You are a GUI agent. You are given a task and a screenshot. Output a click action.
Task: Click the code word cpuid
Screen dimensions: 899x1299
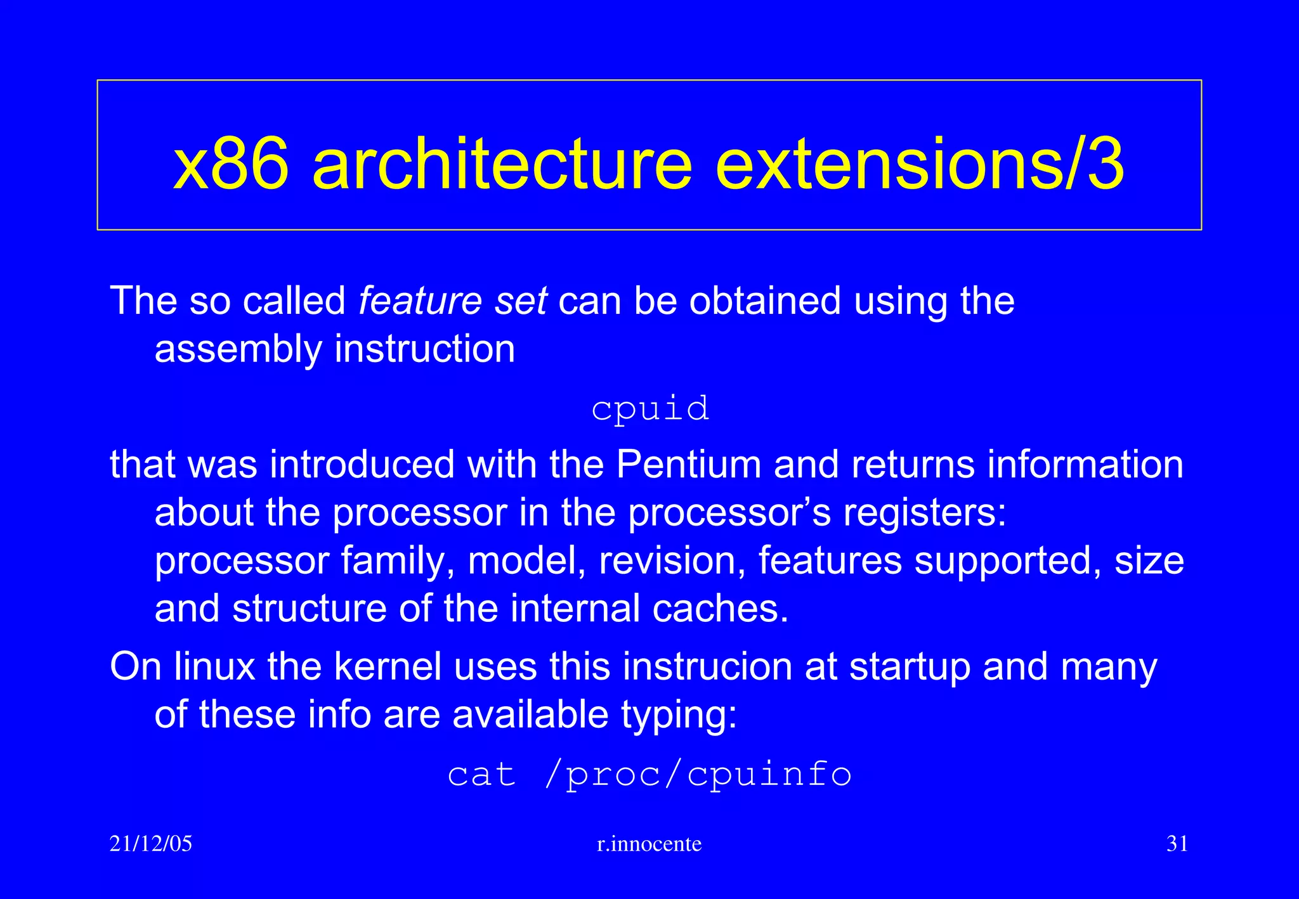(x=649, y=409)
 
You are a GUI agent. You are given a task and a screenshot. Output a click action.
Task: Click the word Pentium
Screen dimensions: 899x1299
(x=688, y=464)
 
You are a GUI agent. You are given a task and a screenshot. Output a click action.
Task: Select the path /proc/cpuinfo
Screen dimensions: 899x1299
(x=698, y=775)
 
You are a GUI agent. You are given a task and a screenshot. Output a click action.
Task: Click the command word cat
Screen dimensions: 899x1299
(x=481, y=775)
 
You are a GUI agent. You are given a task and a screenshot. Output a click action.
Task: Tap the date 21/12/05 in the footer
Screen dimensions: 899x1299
(x=150, y=844)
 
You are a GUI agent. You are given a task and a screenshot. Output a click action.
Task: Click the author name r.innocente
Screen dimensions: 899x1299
(x=649, y=844)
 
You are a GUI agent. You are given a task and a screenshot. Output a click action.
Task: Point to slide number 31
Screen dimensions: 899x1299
(x=1177, y=844)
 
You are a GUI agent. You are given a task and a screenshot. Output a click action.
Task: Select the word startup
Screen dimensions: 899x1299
(x=910, y=668)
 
